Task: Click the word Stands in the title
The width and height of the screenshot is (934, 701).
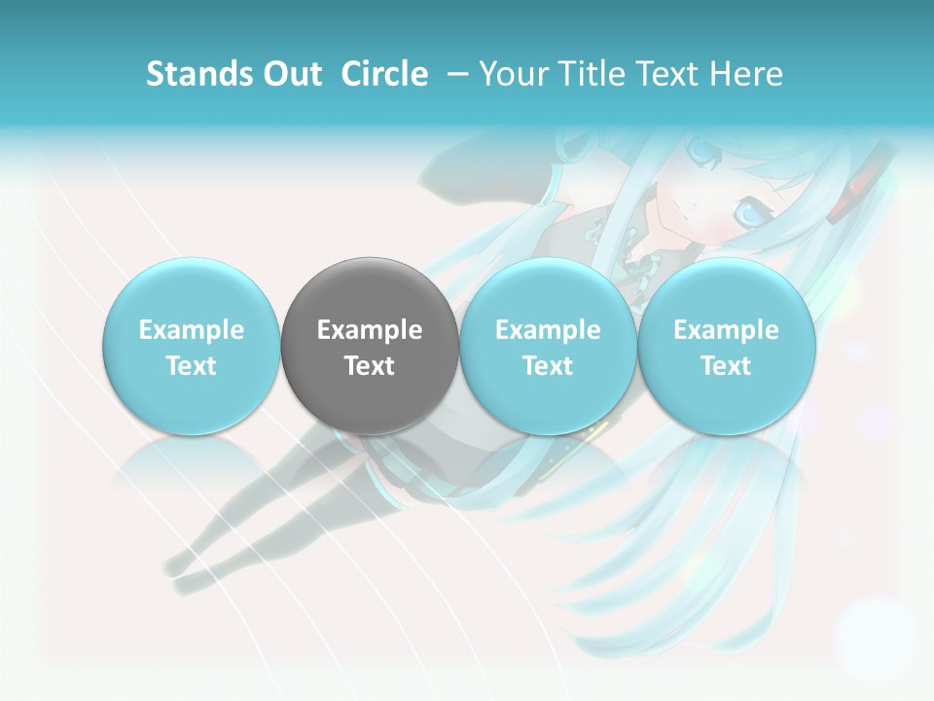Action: [195, 74]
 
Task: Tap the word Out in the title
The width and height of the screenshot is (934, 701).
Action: [290, 74]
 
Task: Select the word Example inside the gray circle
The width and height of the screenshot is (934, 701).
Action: [370, 330]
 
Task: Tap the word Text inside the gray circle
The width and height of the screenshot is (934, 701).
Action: [370, 366]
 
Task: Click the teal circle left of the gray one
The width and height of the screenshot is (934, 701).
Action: [192, 347]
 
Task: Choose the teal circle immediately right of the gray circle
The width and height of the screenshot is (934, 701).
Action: [548, 347]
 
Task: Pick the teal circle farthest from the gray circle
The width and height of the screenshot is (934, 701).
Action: [726, 347]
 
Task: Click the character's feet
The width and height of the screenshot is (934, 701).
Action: [180, 574]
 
